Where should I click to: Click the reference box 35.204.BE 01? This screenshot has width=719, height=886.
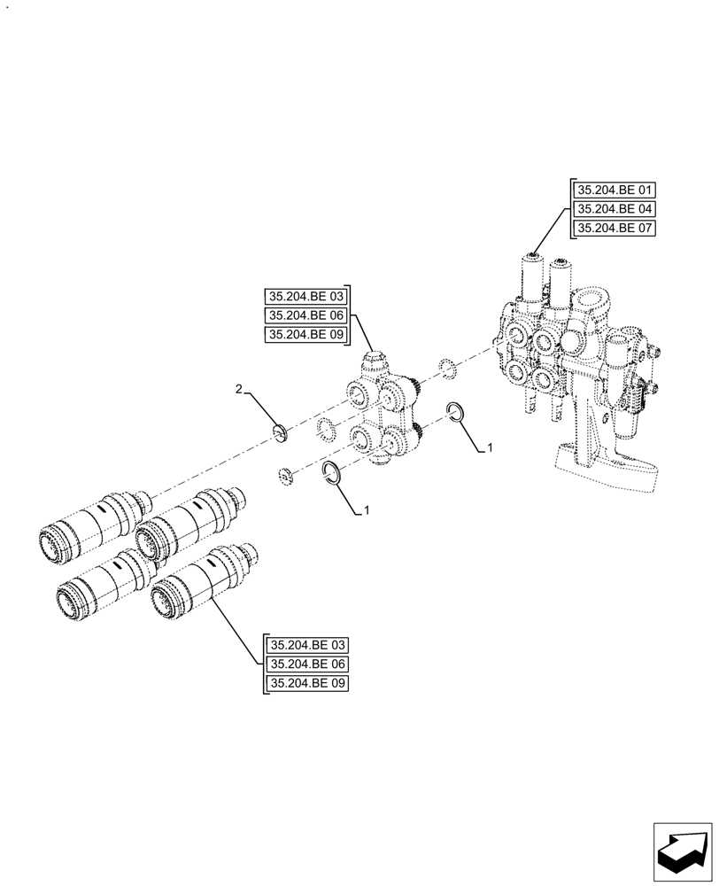pyautogui.click(x=615, y=190)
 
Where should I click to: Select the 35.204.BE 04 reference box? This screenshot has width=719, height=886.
pyautogui.click(x=615, y=209)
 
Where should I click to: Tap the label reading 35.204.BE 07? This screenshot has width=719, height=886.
pyautogui.click(x=615, y=229)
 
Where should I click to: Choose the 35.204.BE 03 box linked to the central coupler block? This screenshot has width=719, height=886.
pyautogui.click(x=306, y=296)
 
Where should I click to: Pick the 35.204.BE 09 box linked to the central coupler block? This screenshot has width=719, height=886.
pyautogui.click(x=306, y=335)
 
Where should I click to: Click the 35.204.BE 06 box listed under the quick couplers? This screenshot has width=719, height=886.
pyautogui.click(x=306, y=664)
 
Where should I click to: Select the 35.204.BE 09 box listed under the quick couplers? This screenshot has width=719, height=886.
pyautogui.click(x=306, y=684)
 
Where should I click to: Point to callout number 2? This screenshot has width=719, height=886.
pyautogui.click(x=238, y=389)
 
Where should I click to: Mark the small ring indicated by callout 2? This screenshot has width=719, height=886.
pyautogui.click(x=280, y=432)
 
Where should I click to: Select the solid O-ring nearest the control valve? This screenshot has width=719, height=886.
pyautogui.click(x=456, y=411)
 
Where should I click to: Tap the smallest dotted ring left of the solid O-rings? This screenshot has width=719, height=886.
pyautogui.click(x=285, y=474)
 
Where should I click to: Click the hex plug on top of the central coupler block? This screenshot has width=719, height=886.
pyautogui.click(x=375, y=361)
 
